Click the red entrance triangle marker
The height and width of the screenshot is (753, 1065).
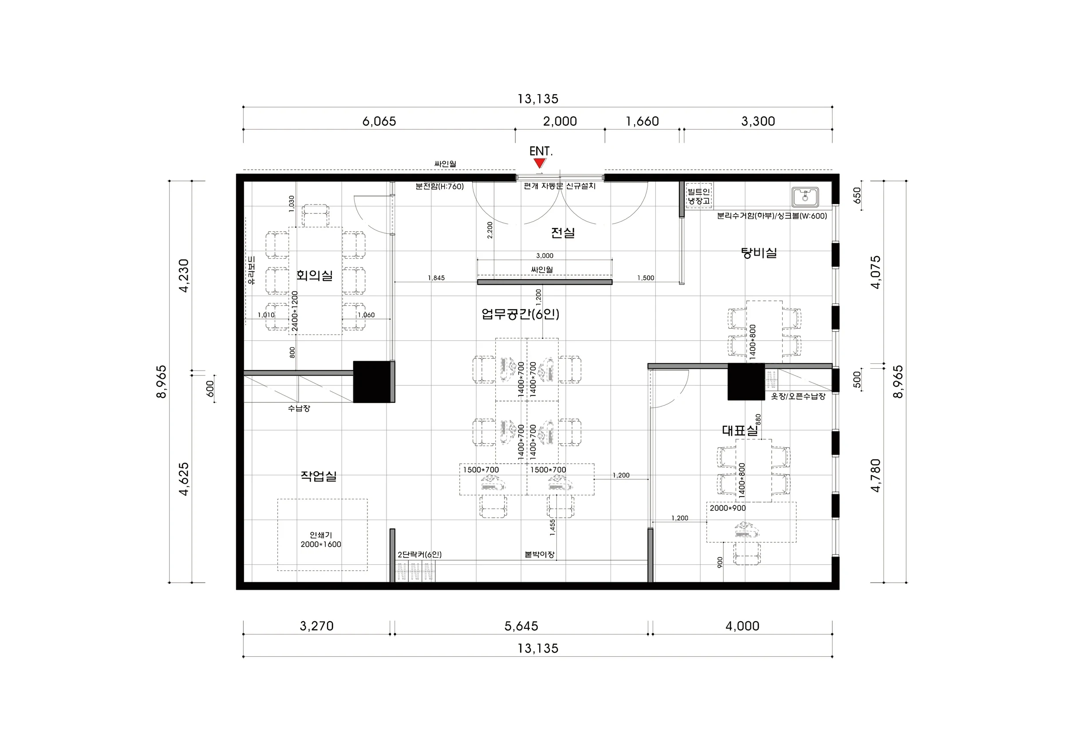pyautogui.click(x=539, y=163)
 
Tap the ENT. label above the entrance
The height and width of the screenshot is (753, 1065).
pyautogui.click(x=541, y=151)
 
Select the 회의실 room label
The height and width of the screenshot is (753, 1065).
pyautogui.click(x=315, y=276)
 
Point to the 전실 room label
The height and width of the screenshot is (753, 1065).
pyautogui.click(x=563, y=233)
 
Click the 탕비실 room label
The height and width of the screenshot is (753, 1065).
pyautogui.click(x=759, y=253)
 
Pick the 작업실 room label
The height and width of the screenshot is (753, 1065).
pyautogui.click(x=319, y=476)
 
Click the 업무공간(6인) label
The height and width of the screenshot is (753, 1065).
pyautogui.click(x=521, y=314)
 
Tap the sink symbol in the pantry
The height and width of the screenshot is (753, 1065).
pyautogui.click(x=805, y=197)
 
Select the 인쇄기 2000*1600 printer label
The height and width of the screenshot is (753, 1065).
pyautogui.click(x=321, y=540)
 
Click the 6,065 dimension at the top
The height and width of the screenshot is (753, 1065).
pyautogui.click(x=379, y=122)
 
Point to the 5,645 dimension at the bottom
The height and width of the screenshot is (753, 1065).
pyautogui.click(x=521, y=627)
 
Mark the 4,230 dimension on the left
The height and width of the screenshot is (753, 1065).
pyautogui.click(x=184, y=276)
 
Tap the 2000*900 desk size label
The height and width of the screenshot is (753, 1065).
pyautogui.click(x=728, y=508)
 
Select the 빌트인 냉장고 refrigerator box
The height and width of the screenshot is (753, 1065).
pyautogui.click(x=699, y=196)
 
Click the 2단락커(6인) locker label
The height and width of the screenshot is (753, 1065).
pyautogui.click(x=420, y=554)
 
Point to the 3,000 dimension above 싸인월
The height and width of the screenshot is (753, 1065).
pyautogui.click(x=545, y=256)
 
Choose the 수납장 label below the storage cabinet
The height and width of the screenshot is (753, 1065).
pyautogui.click(x=299, y=408)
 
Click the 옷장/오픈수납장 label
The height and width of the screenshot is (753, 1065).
pyautogui.click(x=798, y=396)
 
